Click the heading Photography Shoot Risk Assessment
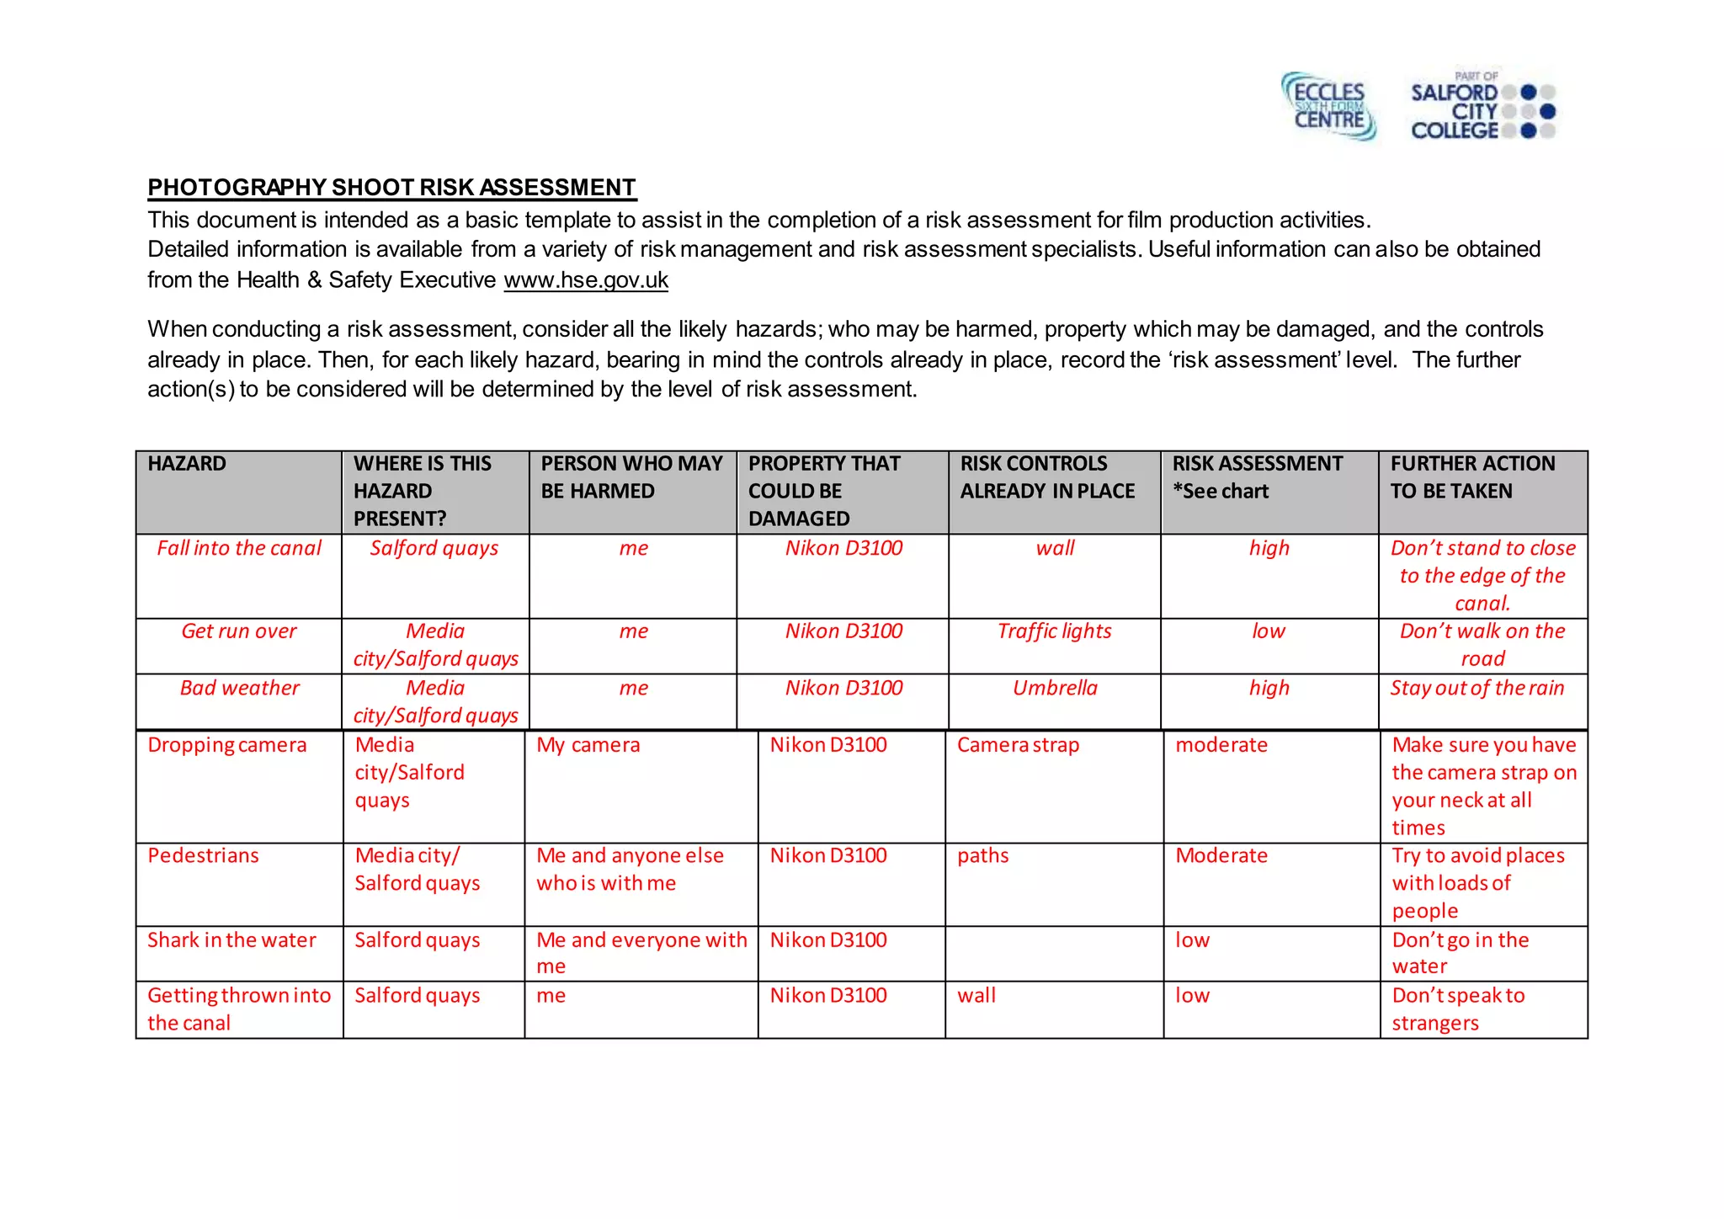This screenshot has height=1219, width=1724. (x=391, y=187)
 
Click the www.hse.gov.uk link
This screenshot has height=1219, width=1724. (x=586, y=280)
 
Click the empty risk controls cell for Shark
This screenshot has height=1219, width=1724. (x=1054, y=953)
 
